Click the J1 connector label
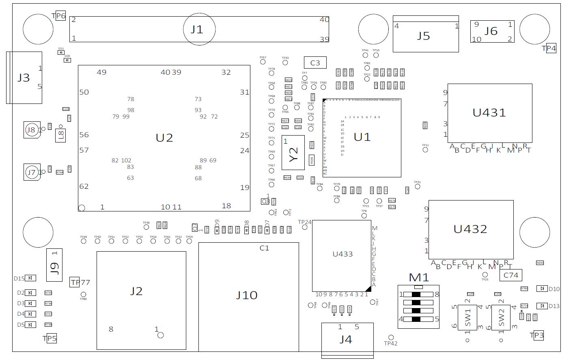coord(197,29)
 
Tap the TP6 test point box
coord(60,16)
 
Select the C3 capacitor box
coord(315,63)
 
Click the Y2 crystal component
coord(293,153)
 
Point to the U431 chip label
coord(489,112)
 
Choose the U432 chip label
coord(470,229)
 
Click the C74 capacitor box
coord(511,275)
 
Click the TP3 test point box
coord(537,335)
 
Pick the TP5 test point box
coord(50,338)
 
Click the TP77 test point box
coord(75,282)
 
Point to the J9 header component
coord(54,265)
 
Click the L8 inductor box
coord(61,135)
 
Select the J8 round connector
coord(31,130)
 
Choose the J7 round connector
coord(31,172)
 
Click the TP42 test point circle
coord(391,337)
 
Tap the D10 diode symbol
coord(542,289)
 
